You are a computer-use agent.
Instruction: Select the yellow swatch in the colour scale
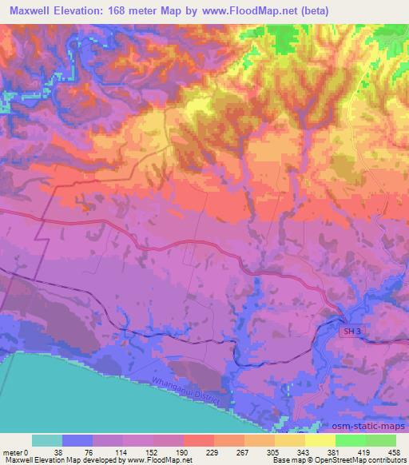320,440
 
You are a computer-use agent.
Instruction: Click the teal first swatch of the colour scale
47,440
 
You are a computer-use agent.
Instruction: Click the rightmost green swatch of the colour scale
380,440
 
